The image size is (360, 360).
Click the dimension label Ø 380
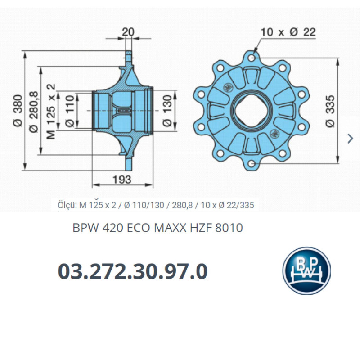click(18, 110)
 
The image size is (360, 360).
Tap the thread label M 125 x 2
click(51, 111)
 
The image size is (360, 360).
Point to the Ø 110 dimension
click(70, 111)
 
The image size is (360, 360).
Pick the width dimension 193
click(121, 179)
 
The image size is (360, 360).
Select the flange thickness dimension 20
click(128, 32)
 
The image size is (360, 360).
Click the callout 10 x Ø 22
click(288, 32)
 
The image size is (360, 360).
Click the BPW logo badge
click(306, 271)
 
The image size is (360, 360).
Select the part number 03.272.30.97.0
click(133, 272)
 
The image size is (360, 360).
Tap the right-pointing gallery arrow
click(351, 139)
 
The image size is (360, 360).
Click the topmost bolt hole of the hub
click(252, 58)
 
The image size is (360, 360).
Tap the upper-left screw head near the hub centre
click(229, 86)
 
